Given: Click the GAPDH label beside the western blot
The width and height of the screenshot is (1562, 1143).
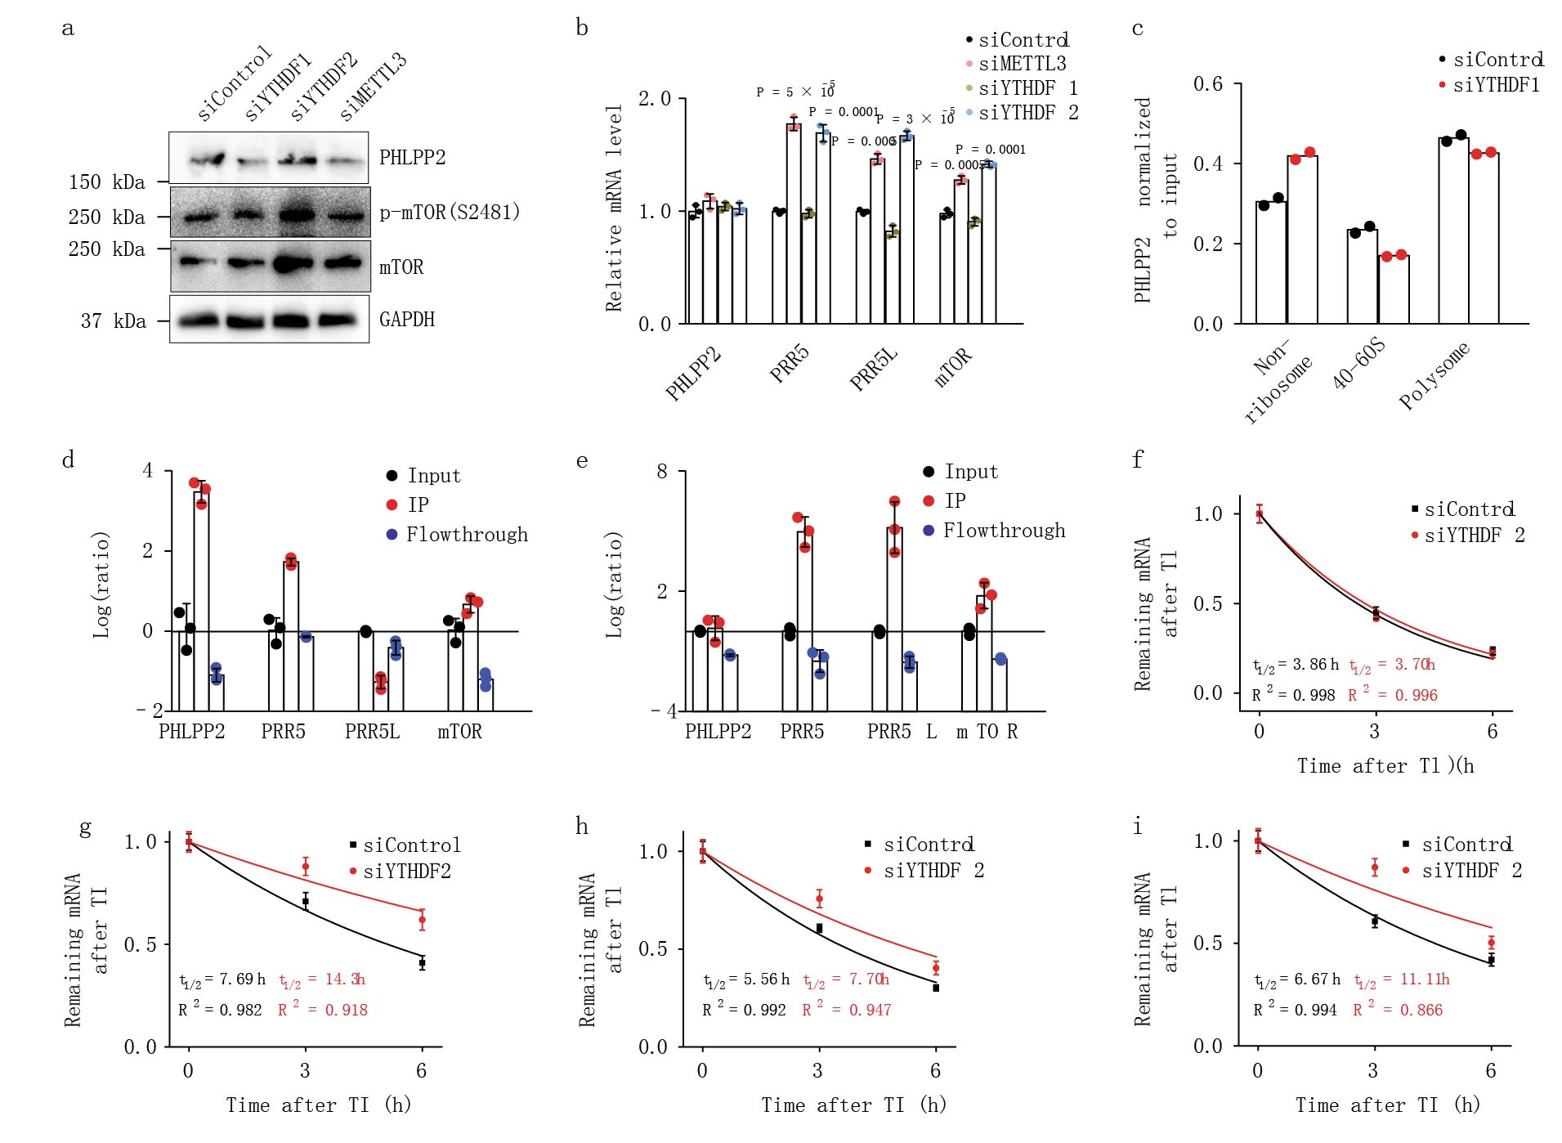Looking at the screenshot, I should click(x=406, y=319).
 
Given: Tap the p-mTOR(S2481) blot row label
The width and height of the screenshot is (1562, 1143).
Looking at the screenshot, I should click(x=450, y=213).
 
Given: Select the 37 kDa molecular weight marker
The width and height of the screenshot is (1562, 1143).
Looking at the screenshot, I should click(x=113, y=321).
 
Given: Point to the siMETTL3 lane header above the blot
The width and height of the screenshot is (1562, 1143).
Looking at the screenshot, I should click(x=373, y=87).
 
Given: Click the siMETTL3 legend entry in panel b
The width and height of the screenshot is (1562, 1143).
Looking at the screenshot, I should click(x=1022, y=64).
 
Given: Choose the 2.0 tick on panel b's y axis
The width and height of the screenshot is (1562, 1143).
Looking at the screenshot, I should click(x=654, y=99).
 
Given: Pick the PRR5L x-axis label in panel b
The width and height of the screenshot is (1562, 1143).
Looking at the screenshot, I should click(x=873, y=368).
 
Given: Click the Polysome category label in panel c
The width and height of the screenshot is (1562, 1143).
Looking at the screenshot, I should click(x=1434, y=376).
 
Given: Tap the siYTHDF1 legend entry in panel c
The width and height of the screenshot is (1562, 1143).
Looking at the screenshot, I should click(x=1496, y=85).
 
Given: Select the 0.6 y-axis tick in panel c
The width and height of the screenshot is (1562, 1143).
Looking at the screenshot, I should click(x=1207, y=83).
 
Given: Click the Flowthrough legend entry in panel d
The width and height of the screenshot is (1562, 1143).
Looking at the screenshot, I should click(x=467, y=535).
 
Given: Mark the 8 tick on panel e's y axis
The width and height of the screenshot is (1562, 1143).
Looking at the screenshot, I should click(x=661, y=472).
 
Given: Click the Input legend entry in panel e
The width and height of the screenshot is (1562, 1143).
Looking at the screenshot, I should click(x=971, y=472).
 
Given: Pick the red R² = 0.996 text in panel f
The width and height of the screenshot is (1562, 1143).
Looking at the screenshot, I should click(x=1393, y=695).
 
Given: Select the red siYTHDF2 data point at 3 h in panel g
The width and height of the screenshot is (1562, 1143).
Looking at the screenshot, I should click(x=306, y=867).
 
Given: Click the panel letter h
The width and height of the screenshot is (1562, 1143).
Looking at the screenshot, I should click(x=582, y=827).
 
